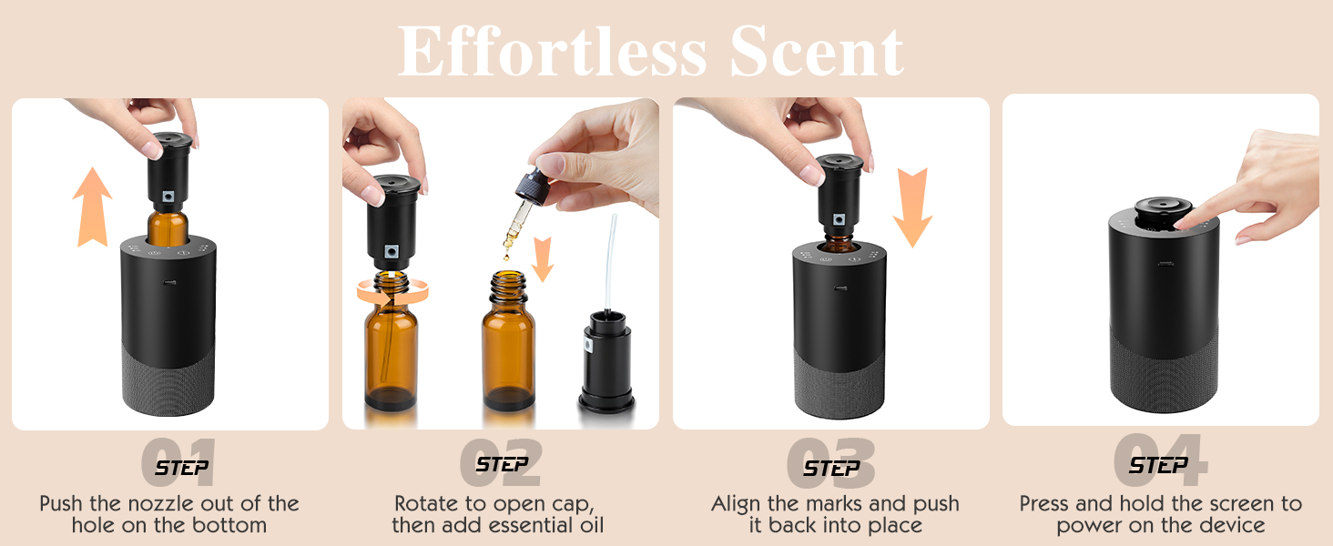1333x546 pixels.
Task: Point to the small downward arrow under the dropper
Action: click(543, 258)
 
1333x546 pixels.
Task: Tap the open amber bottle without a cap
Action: click(508, 346)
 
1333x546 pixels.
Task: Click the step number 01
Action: click(179, 463)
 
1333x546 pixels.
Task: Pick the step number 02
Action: click(501, 463)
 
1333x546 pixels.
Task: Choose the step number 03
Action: click(830, 463)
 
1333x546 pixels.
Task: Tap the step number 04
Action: click(1159, 461)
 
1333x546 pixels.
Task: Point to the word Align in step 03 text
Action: click(740, 504)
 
